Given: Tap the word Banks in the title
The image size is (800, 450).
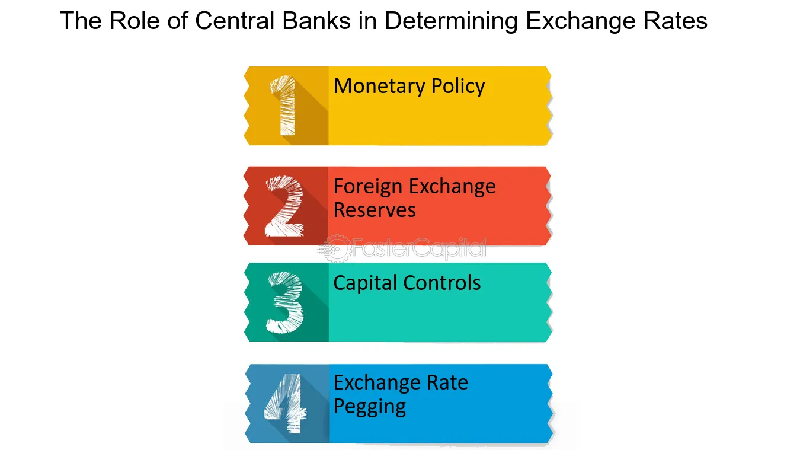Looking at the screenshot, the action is [x=316, y=20].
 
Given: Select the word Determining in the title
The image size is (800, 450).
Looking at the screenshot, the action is [x=451, y=21].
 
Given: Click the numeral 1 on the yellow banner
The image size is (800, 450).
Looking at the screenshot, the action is [x=284, y=106].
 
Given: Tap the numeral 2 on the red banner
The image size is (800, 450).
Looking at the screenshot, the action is [x=284, y=206].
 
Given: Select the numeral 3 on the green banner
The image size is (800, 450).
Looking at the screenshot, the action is [x=285, y=302].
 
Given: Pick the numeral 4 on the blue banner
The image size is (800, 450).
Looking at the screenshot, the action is [x=285, y=403].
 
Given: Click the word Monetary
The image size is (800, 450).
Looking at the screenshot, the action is [x=379, y=87].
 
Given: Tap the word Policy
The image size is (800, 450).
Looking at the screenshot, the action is [x=458, y=87].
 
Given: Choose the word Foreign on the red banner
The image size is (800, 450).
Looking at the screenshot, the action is [x=368, y=187].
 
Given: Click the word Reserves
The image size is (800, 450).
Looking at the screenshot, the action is [x=375, y=210].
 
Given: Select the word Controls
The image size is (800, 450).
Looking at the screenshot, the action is [x=442, y=283].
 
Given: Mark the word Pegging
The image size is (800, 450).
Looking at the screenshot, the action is [x=370, y=407].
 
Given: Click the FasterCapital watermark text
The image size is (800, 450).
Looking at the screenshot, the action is [x=418, y=248].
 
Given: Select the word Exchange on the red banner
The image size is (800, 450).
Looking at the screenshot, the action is [x=452, y=187].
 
